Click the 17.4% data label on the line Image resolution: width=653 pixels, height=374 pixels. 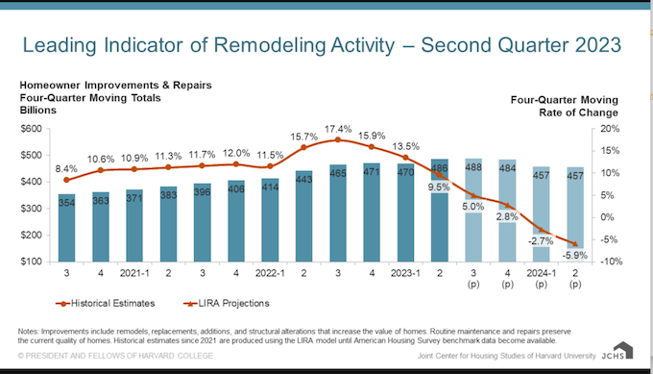pyautogui.click(x=337, y=129)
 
